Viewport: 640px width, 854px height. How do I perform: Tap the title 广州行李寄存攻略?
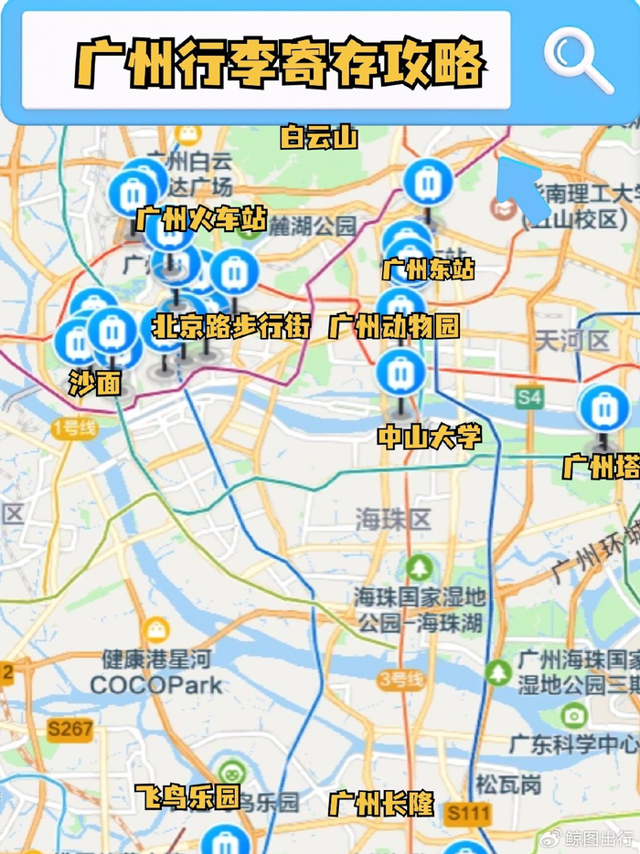pyautogui.click(x=279, y=63)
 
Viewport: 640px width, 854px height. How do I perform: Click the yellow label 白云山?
pyautogui.click(x=318, y=137)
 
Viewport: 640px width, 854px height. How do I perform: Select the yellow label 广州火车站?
pyautogui.click(x=201, y=219)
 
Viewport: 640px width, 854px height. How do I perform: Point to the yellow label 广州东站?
pyautogui.click(x=428, y=269)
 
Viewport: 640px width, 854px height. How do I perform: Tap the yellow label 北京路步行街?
pyautogui.click(x=231, y=326)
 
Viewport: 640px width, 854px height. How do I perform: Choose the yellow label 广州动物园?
pyautogui.click(x=394, y=326)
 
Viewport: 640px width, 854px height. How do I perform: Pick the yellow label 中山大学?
pyautogui.click(x=429, y=438)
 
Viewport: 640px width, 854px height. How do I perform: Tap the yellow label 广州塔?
pyautogui.click(x=600, y=467)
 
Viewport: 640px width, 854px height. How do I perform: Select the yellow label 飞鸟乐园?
pyautogui.click(x=187, y=797)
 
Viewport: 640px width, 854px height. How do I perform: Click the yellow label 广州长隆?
pyautogui.click(x=381, y=805)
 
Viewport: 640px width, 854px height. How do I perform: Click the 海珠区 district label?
pyautogui.click(x=392, y=520)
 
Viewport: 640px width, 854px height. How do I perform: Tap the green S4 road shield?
pyautogui.click(x=529, y=397)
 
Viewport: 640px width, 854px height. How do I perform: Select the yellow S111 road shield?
pyautogui.click(x=468, y=813)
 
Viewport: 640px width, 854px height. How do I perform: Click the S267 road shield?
pyautogui.click(x=70, y=728)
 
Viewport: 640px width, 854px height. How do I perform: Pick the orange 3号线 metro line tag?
pyautogui.click(x=400, y=680)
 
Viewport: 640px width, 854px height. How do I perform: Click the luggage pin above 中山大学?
pyautogui.click(x=400, y=373)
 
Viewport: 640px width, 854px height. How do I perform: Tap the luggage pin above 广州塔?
pyautogui.click(x=604, y=408)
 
